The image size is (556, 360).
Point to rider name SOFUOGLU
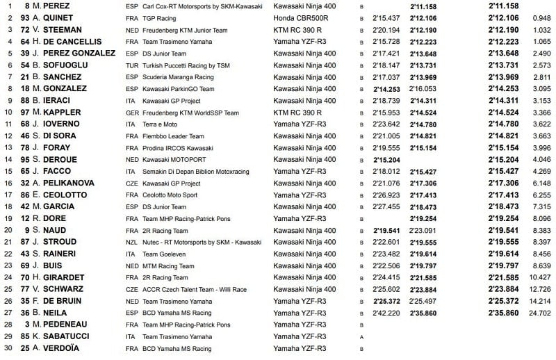73,65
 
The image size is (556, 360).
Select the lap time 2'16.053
423,88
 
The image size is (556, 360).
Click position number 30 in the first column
8,347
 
